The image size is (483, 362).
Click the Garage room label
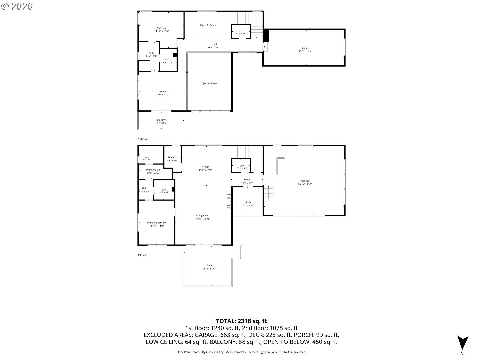[x=305, y=180]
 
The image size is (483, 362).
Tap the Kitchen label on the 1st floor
[x=205, y=167]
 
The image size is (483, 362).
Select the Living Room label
[x=203, y=216]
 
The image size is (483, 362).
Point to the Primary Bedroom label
[x=156, y=223]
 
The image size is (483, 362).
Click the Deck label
[x=210, y=265]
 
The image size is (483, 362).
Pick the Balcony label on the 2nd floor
[x=161, y=120]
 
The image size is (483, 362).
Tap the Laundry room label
[x=172, y=157]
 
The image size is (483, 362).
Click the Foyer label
[x=247, y=180]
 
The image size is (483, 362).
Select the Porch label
[x=248, y=202]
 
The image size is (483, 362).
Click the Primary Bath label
[x=153, y=170]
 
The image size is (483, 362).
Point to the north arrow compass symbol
[x=463, y=343]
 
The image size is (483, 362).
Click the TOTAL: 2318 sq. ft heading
[x=242, y=321]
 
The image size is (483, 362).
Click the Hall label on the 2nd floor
[x=215, y=44]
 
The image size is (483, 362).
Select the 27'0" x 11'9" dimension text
[x=305, y=51]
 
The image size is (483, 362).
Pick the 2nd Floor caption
[x=143, y=139]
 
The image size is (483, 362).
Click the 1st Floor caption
[x=142, y=255]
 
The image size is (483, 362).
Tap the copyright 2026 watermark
[x=17, y=6]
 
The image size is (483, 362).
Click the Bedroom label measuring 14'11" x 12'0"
[x=162, y=28]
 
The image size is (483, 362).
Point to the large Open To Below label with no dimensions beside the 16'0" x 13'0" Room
[x=209, y=83]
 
